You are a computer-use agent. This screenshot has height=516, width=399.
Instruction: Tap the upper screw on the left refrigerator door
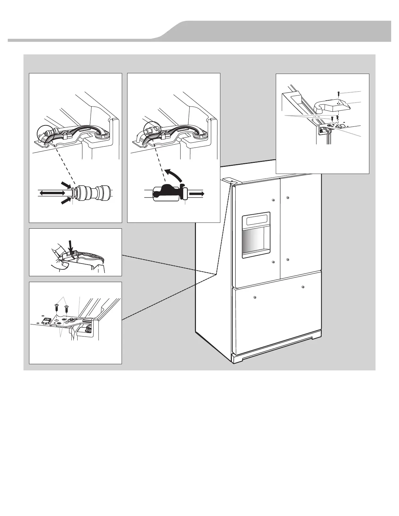tap(273, 200)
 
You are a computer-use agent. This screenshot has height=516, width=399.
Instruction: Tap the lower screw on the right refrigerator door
tap(287, 260)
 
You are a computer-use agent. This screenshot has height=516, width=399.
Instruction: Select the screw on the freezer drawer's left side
tap(254, 296)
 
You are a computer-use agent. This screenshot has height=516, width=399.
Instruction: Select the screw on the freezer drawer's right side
tap(303, 287)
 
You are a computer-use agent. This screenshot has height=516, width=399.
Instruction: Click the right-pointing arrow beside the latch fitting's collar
tap(197, 193)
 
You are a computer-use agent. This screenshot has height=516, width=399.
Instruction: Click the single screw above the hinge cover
tap(339, 93)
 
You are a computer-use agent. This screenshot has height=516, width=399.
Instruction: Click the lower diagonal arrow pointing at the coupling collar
tap(66, 201)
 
